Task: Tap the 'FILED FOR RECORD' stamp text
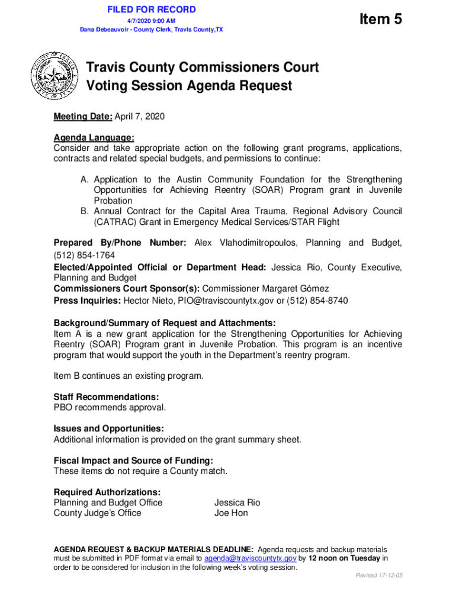click(x=152, y=9)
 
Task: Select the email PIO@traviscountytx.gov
click(x=233, y=301)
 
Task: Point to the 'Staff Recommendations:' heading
click(x=106, y=397)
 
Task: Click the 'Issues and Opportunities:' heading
click(x=109, y=428)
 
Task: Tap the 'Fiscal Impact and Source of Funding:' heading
click(x=133, y=460)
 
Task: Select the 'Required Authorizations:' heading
click(x=107, y=492)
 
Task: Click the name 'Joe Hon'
click(x=231, y=513)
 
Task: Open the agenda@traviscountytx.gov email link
click(x=250, y=558)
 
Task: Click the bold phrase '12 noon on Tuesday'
click(x=343, y=558)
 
